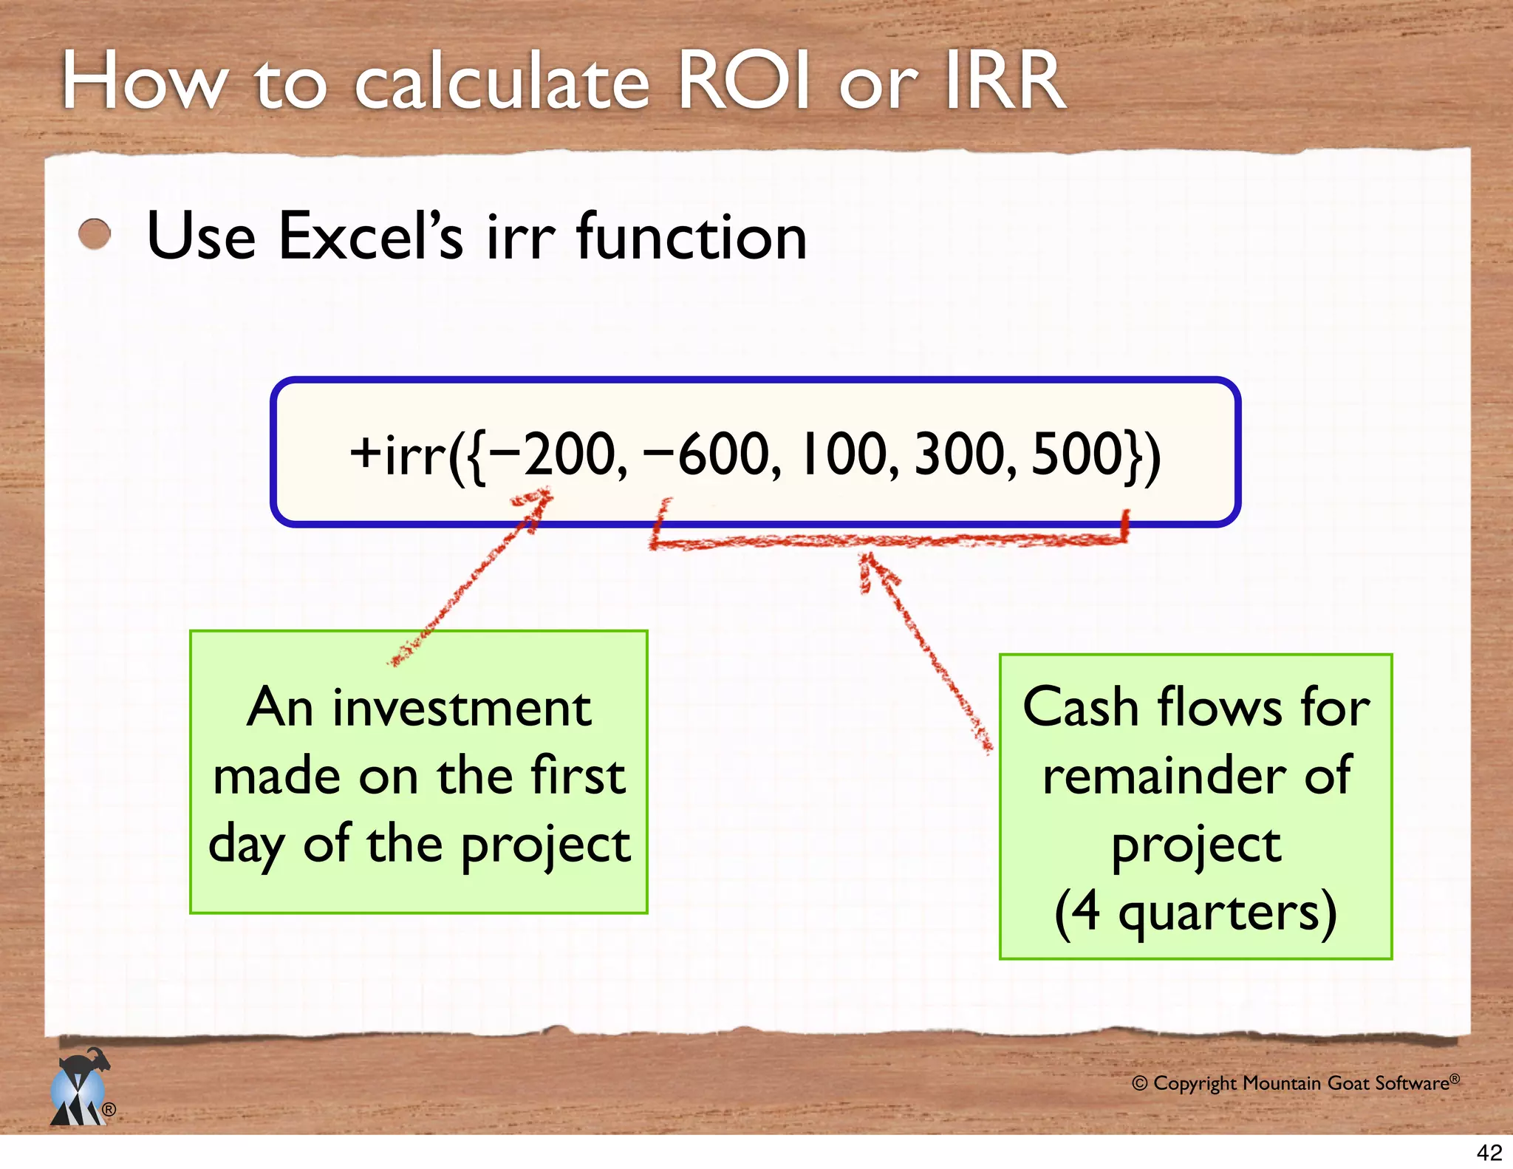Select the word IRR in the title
(x=1005, y=81)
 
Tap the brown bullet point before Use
(x=95, y=235)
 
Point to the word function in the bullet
(x=691, y=236)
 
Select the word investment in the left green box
(x=462, y=708)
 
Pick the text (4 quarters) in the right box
(x=1195, y=913)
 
